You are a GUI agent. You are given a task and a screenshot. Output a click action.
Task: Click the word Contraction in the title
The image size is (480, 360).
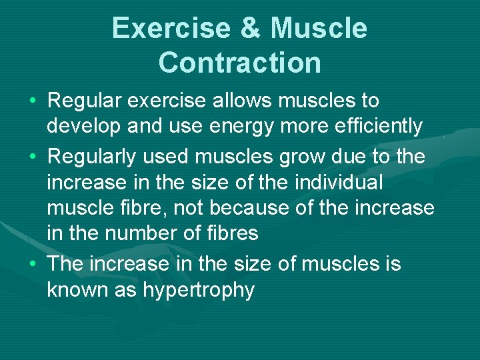coord(240,63)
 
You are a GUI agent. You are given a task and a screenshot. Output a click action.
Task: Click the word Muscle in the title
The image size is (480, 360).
coord(319,29)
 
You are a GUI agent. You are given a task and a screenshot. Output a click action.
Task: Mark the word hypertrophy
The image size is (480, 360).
coord(199,291)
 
